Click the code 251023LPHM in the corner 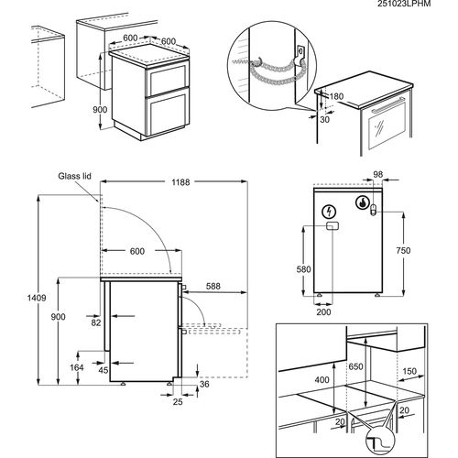coord(404,4)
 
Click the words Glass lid coord(74,176)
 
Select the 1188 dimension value coord(180,182)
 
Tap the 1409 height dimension coord(37,298)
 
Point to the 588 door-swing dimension coord(213,286)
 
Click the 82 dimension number coord(96,322)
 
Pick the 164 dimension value coord(77,367)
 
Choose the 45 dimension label coord(104,370)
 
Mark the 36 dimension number coord(204,384)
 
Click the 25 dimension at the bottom coord(178,401)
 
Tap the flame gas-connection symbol coord(363,202)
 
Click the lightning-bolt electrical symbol coord(330,212)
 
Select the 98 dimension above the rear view coord(378,174)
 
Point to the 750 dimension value coord(403,250)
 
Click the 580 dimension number coord(303,269)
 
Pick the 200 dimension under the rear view coord(323,311)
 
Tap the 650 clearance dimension coord(355,366)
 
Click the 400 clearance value coord(322,379)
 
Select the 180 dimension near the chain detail coord(336,96)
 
